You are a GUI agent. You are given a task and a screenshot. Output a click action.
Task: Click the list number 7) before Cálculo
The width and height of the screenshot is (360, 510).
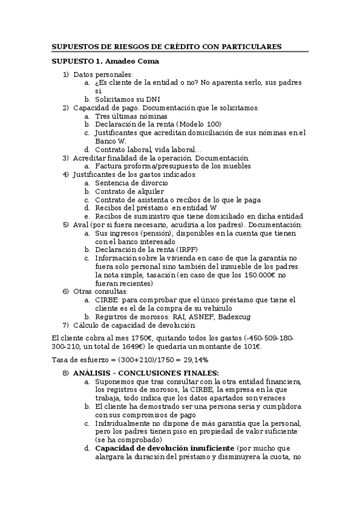coord(66,325)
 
